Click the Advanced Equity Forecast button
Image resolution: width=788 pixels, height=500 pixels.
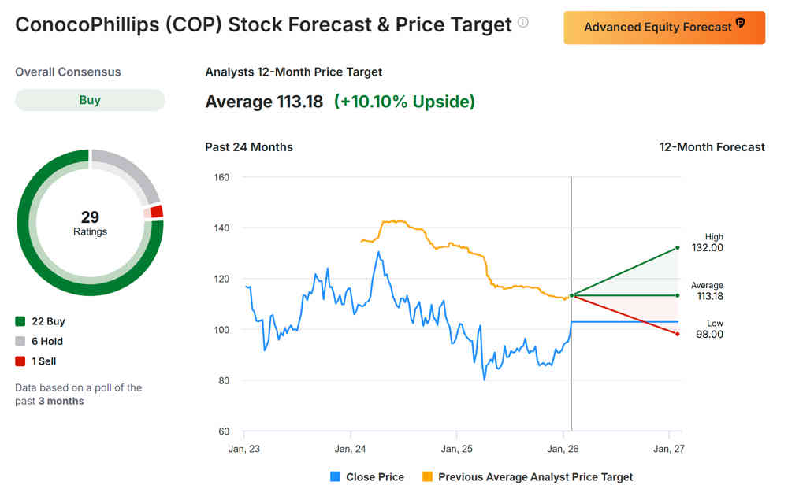pos(663,28)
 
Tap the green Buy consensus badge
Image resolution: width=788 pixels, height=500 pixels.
pos(90,100)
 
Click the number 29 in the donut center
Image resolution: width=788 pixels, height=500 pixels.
pos(90,217)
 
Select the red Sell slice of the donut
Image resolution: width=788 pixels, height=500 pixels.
pos(156,211)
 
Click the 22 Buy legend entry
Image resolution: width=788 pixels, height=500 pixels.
pos(40,321)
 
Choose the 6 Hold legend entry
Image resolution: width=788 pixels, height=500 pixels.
pos(39,341)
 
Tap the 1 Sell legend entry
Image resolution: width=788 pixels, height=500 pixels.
pos(35,361)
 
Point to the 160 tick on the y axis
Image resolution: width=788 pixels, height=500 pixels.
pos(221,177)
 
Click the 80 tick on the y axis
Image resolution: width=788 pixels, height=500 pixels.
pos(223,380)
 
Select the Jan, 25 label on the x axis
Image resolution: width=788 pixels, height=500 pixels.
pos(456,449)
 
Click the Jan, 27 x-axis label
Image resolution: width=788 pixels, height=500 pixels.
pos(668,449)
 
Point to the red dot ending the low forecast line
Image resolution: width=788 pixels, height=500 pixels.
pos(677,334)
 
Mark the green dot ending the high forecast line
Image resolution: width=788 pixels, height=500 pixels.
pos(677,247)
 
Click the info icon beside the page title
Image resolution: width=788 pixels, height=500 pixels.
pos(523,23)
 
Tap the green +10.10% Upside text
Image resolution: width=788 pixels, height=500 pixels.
pos(405,102)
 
